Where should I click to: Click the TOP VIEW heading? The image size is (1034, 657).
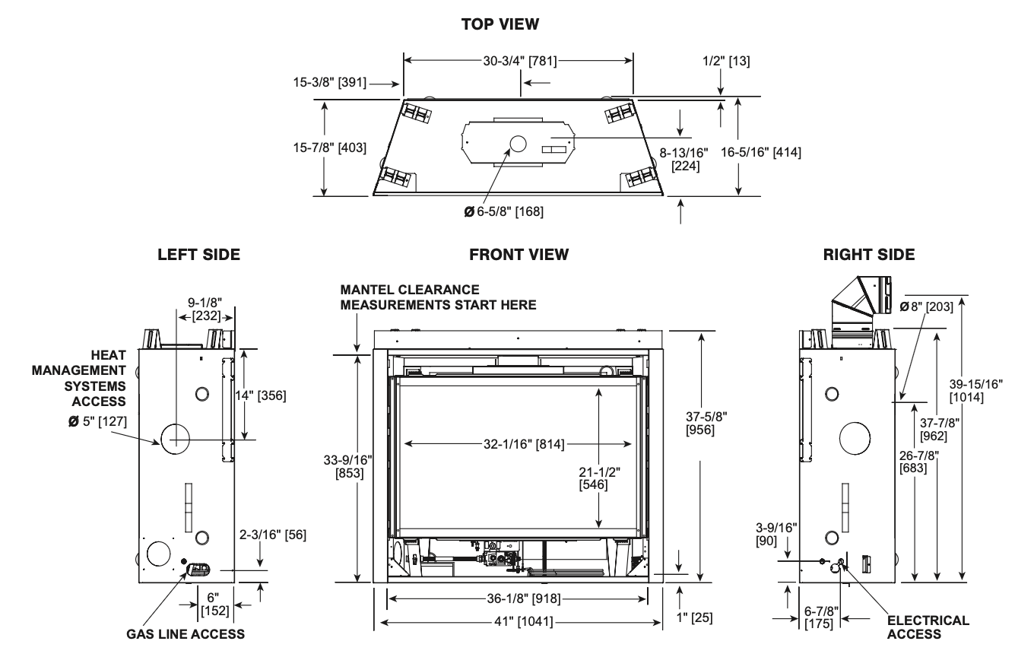click(500, 24)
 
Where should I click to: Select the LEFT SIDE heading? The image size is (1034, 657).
click(199, 255)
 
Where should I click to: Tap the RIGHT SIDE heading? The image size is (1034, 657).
click(869, 255)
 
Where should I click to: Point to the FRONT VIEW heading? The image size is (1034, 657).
click(519, 255)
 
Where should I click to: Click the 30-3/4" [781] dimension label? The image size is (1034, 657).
click(520, 61)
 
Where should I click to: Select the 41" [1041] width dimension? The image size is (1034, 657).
click(523, 621)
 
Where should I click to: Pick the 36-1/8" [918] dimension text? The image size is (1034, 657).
click(523, 598)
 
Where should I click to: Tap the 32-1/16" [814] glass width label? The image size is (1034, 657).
click(524, 444)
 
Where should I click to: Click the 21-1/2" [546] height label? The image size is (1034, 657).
click(600, 478)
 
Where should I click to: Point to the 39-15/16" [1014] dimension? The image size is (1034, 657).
click(976, 391)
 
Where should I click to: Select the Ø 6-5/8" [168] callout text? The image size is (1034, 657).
click(503, 211)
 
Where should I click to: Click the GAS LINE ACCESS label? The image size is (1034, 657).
click(186, 634)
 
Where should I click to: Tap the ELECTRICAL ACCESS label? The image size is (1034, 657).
click(928, 627)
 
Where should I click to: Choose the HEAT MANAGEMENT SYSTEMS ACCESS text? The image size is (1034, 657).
click(79, 378)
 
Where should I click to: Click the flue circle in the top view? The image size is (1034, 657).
click(518, 144)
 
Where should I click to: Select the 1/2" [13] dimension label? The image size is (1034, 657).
click(726, 61)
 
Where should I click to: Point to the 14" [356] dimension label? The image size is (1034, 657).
click(261, 395)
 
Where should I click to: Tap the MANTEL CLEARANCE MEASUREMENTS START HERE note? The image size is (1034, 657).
click(438, 297)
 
